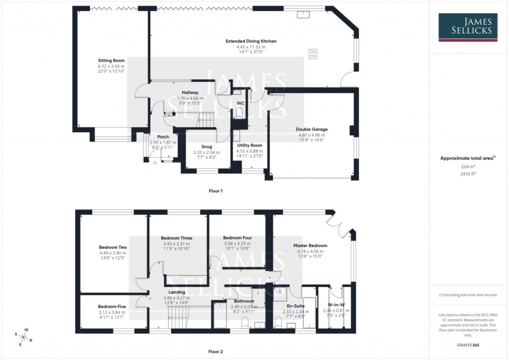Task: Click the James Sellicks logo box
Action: (x=467, y=28)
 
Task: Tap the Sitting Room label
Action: (x=111, y=60)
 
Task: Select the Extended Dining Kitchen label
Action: (x=251, y=41)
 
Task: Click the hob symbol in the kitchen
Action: (x=313, y=53)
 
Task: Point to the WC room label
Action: (x=240, y=103)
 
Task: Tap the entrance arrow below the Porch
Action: (x=155, y=163)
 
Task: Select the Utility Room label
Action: (x=250, y=145)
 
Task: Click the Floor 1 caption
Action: (x=215, y=191)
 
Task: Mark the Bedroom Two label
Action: (x=113, y=247)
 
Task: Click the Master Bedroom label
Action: (x=310, y=246)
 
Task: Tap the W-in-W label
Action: (x=336, y=305)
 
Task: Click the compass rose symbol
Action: (x=24, y=337)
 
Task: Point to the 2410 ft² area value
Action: (x=462, y=174)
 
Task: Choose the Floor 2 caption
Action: (x=215, y=352)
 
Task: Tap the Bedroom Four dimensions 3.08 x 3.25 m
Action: (x=237, y=244)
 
